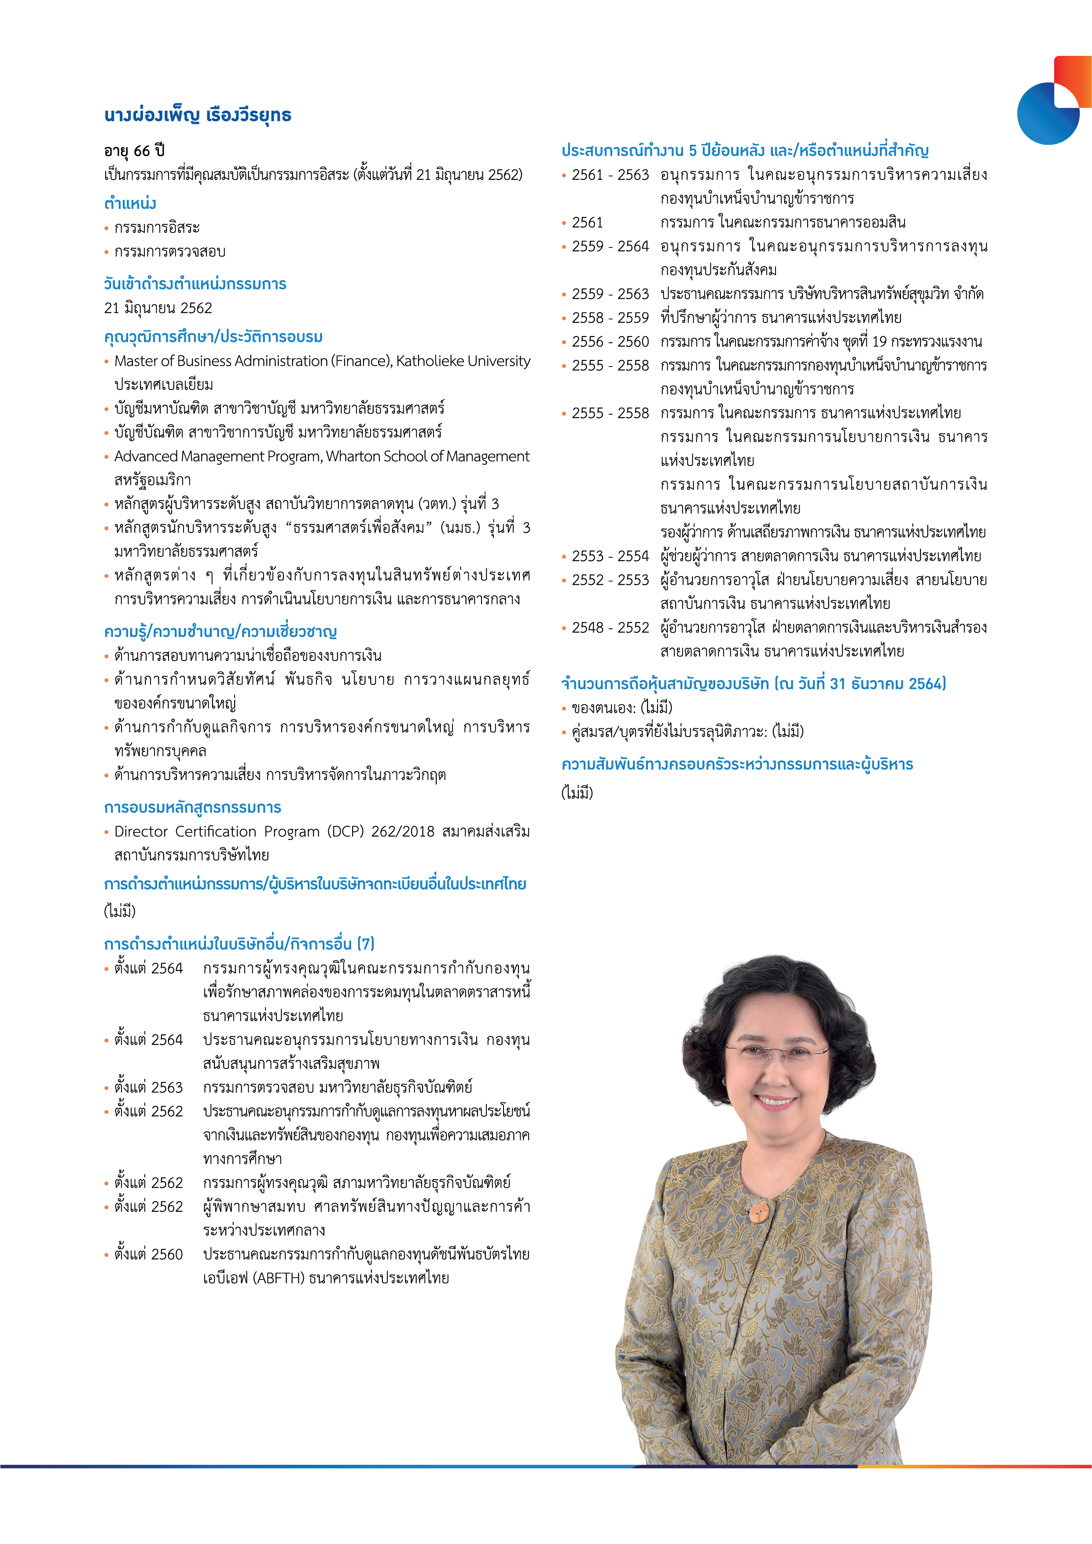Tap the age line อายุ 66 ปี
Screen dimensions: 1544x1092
pyautogui.click(x=135, y=150)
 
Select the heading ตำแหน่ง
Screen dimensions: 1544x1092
pyautogui.click(x=130, y=203)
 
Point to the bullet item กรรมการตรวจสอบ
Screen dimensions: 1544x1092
pyautogui.click(x=169, y=252)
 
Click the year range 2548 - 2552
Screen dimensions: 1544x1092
pyautogui.click(x=610, y=627)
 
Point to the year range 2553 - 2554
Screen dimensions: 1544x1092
pyautogui.click(x=610, y=556)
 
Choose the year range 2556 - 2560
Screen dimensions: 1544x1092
pyautogui.click(x=610, y=341)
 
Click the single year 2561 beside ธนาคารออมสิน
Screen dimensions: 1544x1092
pyautogui.click(x=588, y=223)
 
